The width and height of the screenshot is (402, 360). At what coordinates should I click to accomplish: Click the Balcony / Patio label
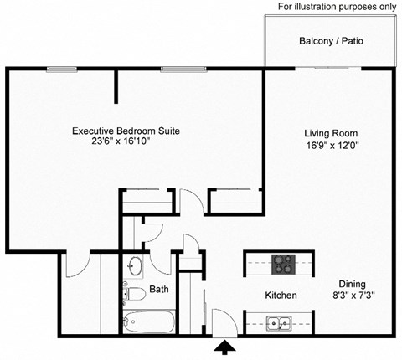tap(331, 41)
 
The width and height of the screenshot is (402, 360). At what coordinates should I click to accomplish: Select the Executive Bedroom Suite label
tap(126, 131)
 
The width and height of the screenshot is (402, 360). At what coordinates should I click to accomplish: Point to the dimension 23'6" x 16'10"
tap(126, 144)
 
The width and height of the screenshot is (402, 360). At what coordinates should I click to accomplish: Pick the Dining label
tap(352, 283)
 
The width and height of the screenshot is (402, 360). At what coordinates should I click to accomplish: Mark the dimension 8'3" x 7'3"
tap(352, 296)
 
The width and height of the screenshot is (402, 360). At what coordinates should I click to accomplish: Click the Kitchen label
tap(281, 296)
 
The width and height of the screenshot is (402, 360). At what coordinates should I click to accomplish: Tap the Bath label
tap(159, 290)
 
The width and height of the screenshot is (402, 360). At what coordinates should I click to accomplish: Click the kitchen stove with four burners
tap(285, 263)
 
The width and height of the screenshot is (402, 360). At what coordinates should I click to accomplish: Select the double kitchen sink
tap(276, 322)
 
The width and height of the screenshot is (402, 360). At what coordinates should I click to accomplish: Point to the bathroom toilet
tap(133, 293)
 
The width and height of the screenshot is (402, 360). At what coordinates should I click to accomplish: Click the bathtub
tap(147, 321)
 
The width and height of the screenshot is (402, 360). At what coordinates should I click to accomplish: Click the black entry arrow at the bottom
tap(225, 347)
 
